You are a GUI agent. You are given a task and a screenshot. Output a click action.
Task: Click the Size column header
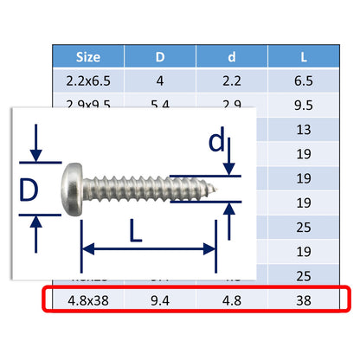tap(88, 57)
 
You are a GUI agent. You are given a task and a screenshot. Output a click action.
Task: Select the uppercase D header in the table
tap(159, 57)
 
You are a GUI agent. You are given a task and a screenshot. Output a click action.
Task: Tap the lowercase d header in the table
tap(232, 57)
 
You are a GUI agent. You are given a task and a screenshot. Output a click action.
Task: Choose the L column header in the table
tap(302, 57)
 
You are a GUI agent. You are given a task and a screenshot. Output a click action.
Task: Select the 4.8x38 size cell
tap(88, 303)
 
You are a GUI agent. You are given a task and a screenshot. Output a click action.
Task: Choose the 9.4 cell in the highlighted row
tap(159, 303)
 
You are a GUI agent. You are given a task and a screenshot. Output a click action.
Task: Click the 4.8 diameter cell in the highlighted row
tap(232, 303)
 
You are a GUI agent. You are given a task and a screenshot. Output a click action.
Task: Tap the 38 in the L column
tap(302, 303)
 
